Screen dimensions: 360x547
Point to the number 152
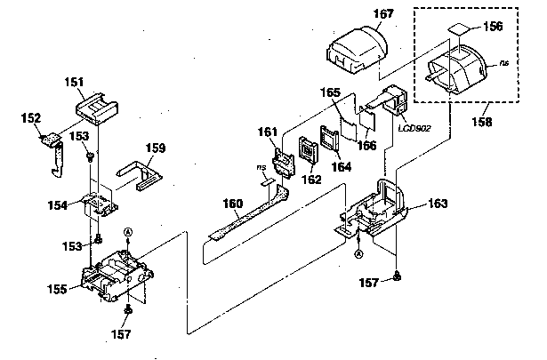coord(30,117)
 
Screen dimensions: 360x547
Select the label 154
coord(60,205)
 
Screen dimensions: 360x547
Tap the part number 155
coord(60,289)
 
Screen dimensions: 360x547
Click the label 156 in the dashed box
coord(493,26)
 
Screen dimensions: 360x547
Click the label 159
coord(156,148)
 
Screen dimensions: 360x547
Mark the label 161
coord(268,133)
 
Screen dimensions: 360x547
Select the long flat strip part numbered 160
coord(249,213)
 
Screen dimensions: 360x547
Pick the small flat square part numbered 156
coord(459,29)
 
